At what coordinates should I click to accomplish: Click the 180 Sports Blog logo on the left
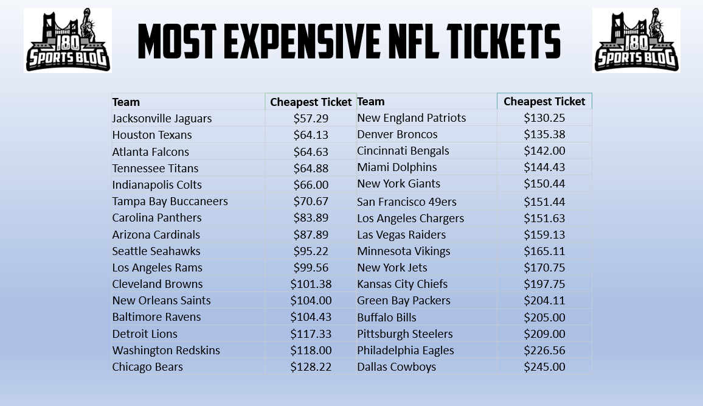point(68,40)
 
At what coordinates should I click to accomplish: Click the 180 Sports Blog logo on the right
point(636,40)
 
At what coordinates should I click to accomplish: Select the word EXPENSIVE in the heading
point(296,43)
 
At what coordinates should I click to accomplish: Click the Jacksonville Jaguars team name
point(162,118)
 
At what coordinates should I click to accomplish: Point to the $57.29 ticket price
point(311,118)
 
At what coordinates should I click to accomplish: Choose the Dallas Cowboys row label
point(397,366)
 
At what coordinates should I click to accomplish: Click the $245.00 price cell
point(544,366)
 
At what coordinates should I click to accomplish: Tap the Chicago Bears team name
point(147,366)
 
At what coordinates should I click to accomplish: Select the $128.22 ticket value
point(311,366)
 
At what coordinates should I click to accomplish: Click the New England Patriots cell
point(411,117)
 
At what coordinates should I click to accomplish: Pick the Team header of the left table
point(126,102)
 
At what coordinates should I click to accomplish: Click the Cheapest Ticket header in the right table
point(544,101)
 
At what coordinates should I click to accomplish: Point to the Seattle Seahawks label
point(156,251)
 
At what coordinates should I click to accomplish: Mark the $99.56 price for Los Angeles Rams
point(311,267)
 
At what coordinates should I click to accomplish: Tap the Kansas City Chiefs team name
point(402,284)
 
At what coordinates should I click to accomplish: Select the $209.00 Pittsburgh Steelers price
point(544,334)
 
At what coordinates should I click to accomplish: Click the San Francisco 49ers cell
point(406,201)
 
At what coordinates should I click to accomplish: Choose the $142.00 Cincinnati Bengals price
point(544,150)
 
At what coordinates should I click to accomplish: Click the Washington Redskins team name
point(166,350)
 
